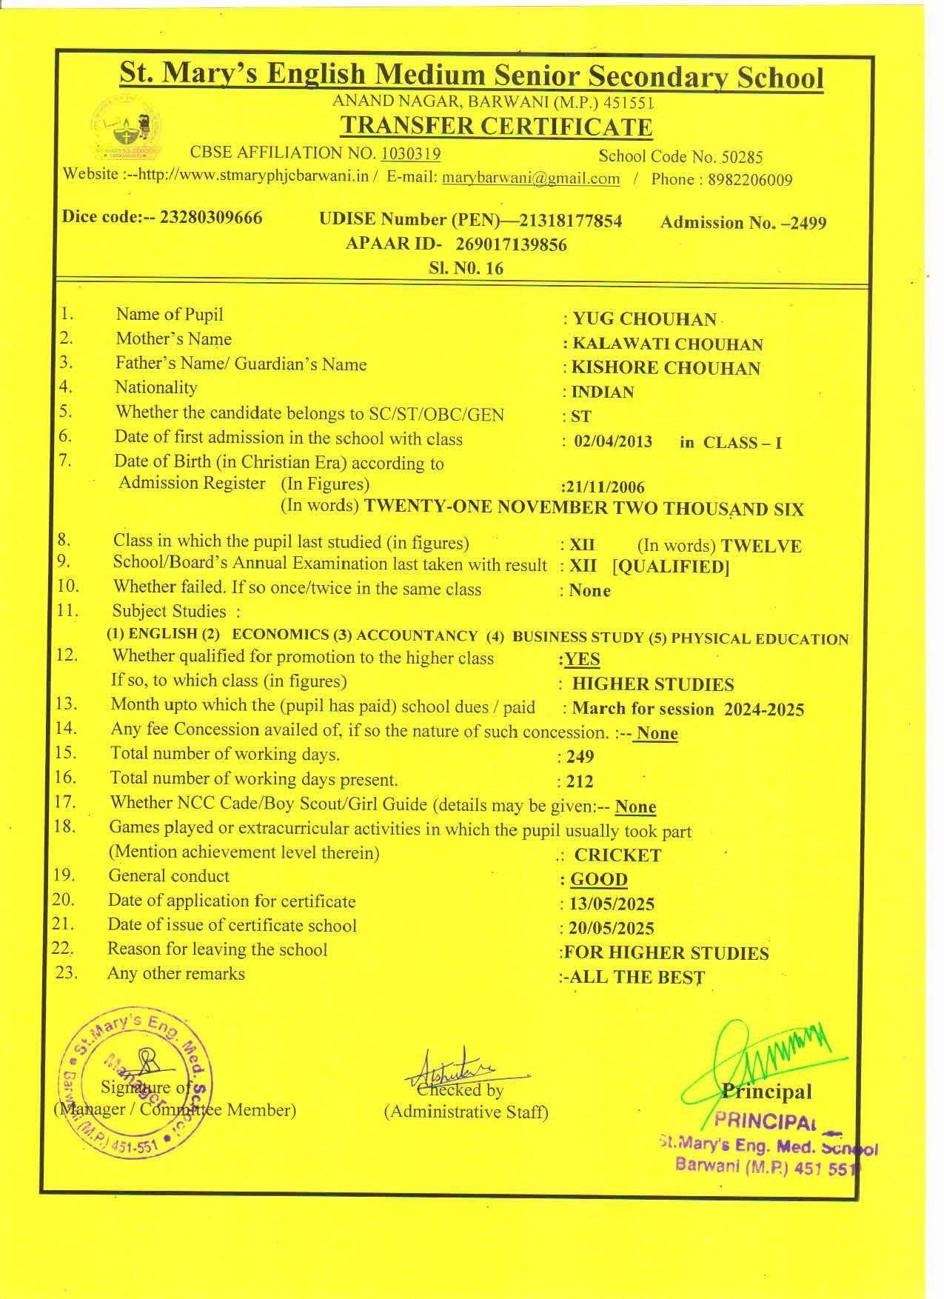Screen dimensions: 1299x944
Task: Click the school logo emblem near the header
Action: (126, 127)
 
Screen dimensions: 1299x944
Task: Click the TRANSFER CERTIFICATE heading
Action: (496, 127)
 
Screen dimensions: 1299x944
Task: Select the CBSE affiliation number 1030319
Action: (410, 154)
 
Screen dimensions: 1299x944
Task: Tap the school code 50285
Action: (742, 157)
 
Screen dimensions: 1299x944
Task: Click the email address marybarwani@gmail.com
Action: (531, 178)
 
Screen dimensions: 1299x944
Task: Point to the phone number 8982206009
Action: (750, 180)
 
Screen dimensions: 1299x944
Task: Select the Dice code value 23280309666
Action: (211, 217)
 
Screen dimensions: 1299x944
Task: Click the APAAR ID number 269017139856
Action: (511, 244)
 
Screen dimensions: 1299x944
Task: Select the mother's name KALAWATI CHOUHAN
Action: (667, 344)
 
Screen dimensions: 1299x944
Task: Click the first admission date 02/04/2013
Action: (613, 442)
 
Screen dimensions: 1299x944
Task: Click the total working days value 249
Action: (580, 756)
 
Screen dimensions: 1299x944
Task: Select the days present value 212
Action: (579, 781)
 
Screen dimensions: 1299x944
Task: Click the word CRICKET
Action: (617, 855)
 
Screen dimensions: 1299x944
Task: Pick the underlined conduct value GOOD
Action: (598, 880)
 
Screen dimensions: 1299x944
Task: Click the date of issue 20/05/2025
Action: (611, 928)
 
